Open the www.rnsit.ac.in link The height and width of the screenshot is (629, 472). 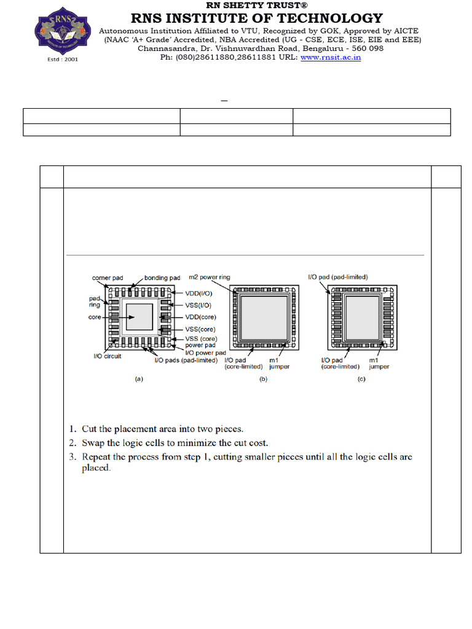[x=331, y=57]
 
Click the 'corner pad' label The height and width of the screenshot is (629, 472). [x=108, y=278]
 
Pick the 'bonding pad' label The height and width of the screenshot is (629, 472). [x=162, y=278]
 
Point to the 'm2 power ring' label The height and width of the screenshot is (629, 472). [x=210, y=278]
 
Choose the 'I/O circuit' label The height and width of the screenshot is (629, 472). [x=107, y=357]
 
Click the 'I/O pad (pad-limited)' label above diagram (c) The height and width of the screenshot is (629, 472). [x=338, y=278]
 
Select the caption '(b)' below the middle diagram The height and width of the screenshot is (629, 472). [x=263, y=379]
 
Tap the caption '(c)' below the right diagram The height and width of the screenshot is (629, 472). [x=361, y=379]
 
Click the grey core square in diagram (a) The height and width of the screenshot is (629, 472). [x=139, y=319]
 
